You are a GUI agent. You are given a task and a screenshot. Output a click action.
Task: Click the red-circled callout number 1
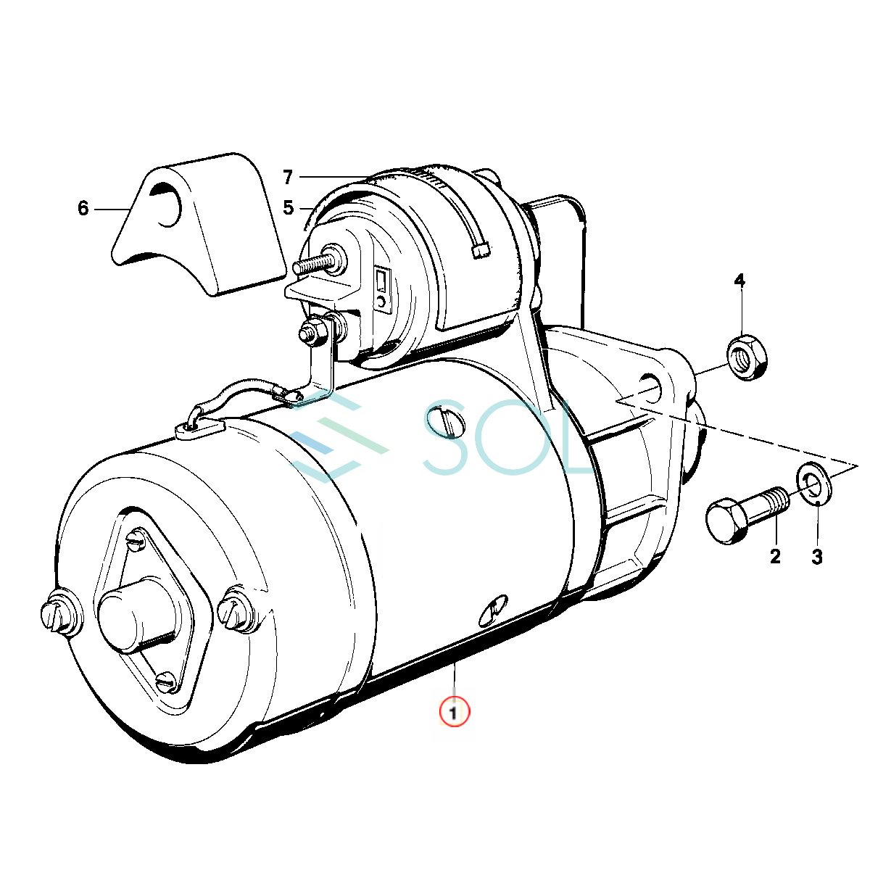[454, 713]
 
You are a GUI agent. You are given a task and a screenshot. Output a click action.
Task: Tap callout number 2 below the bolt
[775, 557]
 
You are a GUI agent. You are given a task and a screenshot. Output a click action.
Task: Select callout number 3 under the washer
[817, 557]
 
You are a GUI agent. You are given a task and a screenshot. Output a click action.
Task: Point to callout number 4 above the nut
[739, 281]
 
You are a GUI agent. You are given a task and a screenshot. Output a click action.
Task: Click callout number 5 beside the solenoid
[289, 207]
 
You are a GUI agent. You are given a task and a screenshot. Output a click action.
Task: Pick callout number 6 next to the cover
[83, 208]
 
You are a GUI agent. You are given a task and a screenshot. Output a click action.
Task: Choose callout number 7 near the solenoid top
[288, 177]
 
